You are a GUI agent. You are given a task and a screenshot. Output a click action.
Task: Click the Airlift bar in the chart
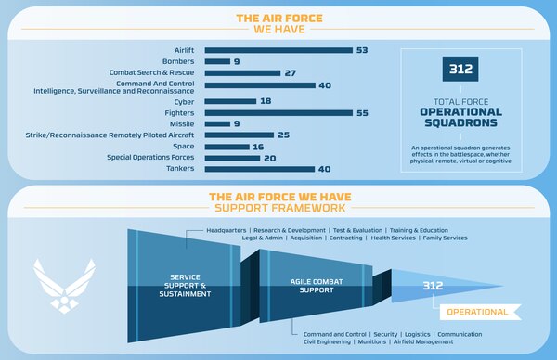pyautogui.click(x=278, y=49)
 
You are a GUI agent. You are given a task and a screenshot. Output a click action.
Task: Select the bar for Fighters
pyautogui.click(x=282, y=111)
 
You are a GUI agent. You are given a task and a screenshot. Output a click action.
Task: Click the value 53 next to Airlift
pyautogui.click(x=363, y=49)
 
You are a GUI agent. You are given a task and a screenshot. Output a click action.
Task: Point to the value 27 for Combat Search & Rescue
pyautogui.click(x=290, y=72)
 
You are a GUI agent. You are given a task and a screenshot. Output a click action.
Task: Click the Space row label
pyautogui.click(x=183, y=146)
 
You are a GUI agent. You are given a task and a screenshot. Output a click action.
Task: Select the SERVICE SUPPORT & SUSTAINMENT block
pyautogui.click(x=179, y=288)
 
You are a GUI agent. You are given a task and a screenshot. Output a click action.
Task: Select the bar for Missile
pyautogui.click(x=217, y=122)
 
